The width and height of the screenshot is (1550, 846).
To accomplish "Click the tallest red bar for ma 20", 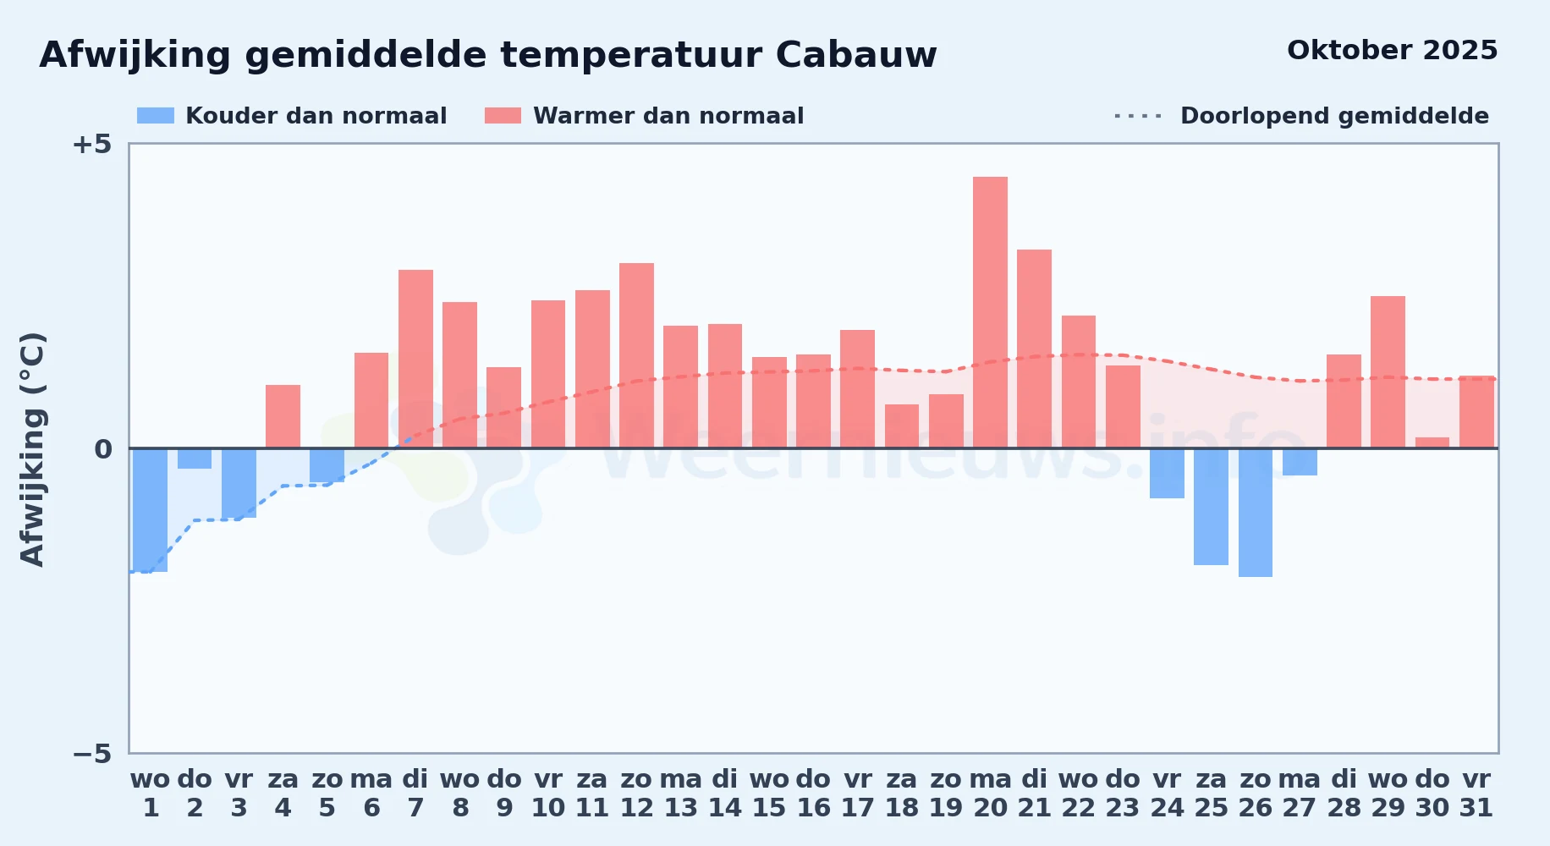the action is click(990, 312).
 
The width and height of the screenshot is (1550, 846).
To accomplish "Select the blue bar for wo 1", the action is click(151, 510).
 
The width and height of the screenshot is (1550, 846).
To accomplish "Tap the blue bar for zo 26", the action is click(1256, 513).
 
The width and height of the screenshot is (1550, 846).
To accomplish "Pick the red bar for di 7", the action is click(415, 359).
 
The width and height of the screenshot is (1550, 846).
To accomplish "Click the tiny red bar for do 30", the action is click(1432, 442).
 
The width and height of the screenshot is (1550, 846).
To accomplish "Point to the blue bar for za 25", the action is click(1211, 507).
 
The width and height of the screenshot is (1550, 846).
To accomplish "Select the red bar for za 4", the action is click(283, 416).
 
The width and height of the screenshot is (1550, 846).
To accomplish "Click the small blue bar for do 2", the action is click(195, 459).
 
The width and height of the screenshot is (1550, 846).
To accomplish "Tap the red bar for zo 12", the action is click(636, 355).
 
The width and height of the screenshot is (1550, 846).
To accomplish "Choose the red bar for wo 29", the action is click(1388, 372).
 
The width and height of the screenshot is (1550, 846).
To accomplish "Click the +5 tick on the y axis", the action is click(91, 144).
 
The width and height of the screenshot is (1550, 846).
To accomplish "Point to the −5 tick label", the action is click(91, 753).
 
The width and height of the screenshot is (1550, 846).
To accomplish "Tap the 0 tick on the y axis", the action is click(103, 448).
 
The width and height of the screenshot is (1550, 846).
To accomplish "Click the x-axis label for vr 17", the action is click(857, 793).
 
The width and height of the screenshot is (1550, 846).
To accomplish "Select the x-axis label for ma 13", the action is click(680, 793).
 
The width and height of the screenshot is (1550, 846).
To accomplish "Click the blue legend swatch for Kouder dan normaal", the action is click(156, 116).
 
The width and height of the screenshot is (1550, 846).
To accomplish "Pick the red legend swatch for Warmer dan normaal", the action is click(503, 116).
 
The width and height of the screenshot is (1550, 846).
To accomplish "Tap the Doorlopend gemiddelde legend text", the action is click(1334, 116).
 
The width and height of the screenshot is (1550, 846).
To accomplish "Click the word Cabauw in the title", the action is click(856, 55).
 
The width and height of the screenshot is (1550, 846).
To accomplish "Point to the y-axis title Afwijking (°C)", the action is click(32, 448).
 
